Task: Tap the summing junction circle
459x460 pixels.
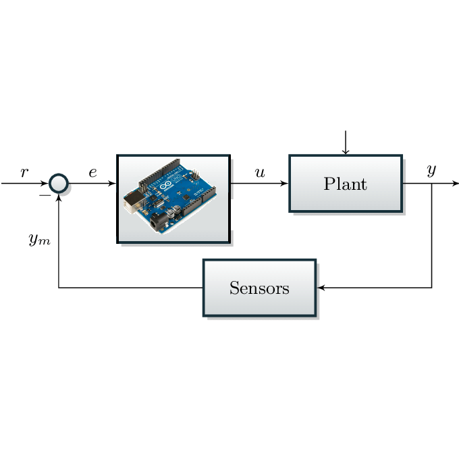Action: (59, 183)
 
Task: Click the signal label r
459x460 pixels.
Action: (25, 172)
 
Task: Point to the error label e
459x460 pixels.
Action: (92, 172)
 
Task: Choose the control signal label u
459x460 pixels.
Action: (260, 172)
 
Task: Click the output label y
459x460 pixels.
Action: (431, 171)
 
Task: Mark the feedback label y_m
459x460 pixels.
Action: (39, 239)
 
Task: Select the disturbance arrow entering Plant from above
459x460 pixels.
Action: (346, 143)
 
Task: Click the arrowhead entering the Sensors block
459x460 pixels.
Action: (321, 288)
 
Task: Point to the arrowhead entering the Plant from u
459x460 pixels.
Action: (285, 183)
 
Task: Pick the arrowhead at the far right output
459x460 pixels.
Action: (455, 183)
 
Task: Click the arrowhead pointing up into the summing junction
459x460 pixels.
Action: (59, 197)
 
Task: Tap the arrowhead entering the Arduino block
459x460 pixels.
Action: (113, 183)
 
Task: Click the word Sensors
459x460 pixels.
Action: (259, 288)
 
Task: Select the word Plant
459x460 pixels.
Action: (345, 184)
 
